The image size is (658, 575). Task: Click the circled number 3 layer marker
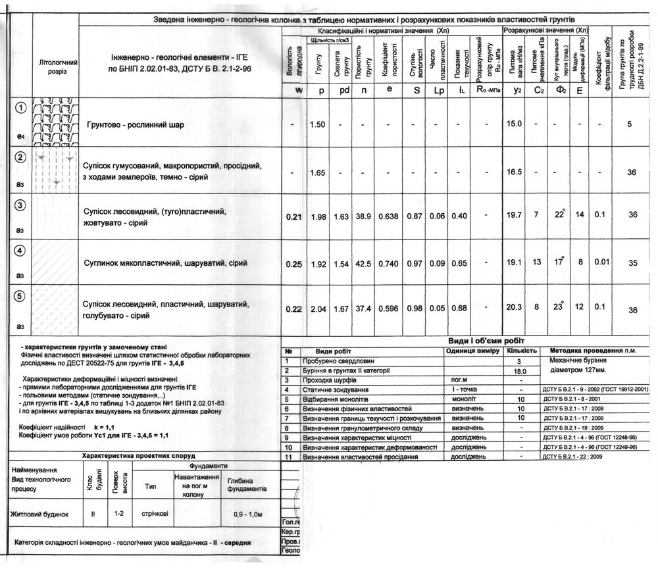[x=20, y=206]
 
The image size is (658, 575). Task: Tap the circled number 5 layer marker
[x=20, y=297]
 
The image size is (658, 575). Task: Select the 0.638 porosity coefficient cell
[x=389, y=216]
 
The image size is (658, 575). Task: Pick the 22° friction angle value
[x=560, y=215]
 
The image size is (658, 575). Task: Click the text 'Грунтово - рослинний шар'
[x=136, y=124]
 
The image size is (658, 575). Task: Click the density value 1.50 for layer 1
[x=317, y=124]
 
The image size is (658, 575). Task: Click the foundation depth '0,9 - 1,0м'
[x=247, y=514]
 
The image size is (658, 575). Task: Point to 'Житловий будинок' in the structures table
[x=40, y=512]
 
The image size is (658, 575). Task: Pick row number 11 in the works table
[x=288, y=456]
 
